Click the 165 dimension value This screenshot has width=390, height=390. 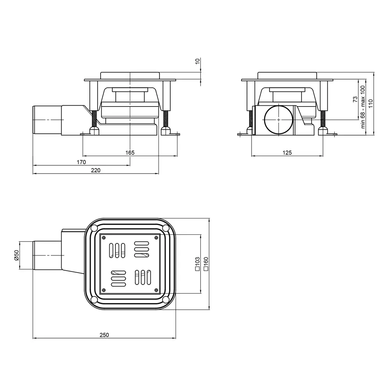tap(130, 152)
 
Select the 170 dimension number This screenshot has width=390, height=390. tap(81, 162)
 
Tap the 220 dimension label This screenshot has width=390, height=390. tap(96, 170)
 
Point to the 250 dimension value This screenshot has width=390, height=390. tap(104, 335)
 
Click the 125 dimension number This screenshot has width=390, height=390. tap(287, 152)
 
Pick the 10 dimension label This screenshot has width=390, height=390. tap(197, 61)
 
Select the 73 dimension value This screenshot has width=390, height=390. tap(355, 99)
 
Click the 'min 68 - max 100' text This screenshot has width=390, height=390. tap(363, 107)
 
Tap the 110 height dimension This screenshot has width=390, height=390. tap(370, 103)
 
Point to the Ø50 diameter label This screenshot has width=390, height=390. tap(16, 255)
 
